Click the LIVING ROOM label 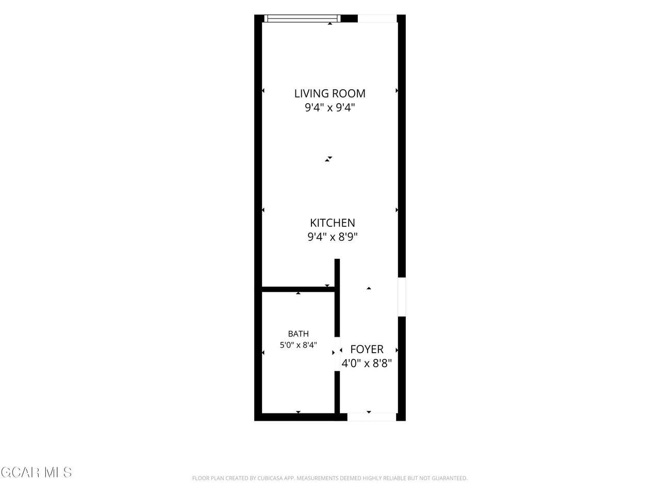(329, 93)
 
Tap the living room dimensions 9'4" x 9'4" (330, 108)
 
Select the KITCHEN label (332, 223)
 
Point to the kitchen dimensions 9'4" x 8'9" (332, 237)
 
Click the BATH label (298, 334)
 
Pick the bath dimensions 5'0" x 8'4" (298, 345)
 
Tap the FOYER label (367, 349)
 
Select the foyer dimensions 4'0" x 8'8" (367, 364)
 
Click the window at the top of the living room (303, 19)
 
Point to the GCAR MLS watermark (36, 472)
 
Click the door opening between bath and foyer (337, 354)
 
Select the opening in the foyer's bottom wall (372, 417)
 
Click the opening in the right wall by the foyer (402, 296)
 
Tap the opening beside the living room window (377, 19)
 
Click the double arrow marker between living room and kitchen (328, 159)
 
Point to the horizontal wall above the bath (298, 289)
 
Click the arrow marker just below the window (330, 23)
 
